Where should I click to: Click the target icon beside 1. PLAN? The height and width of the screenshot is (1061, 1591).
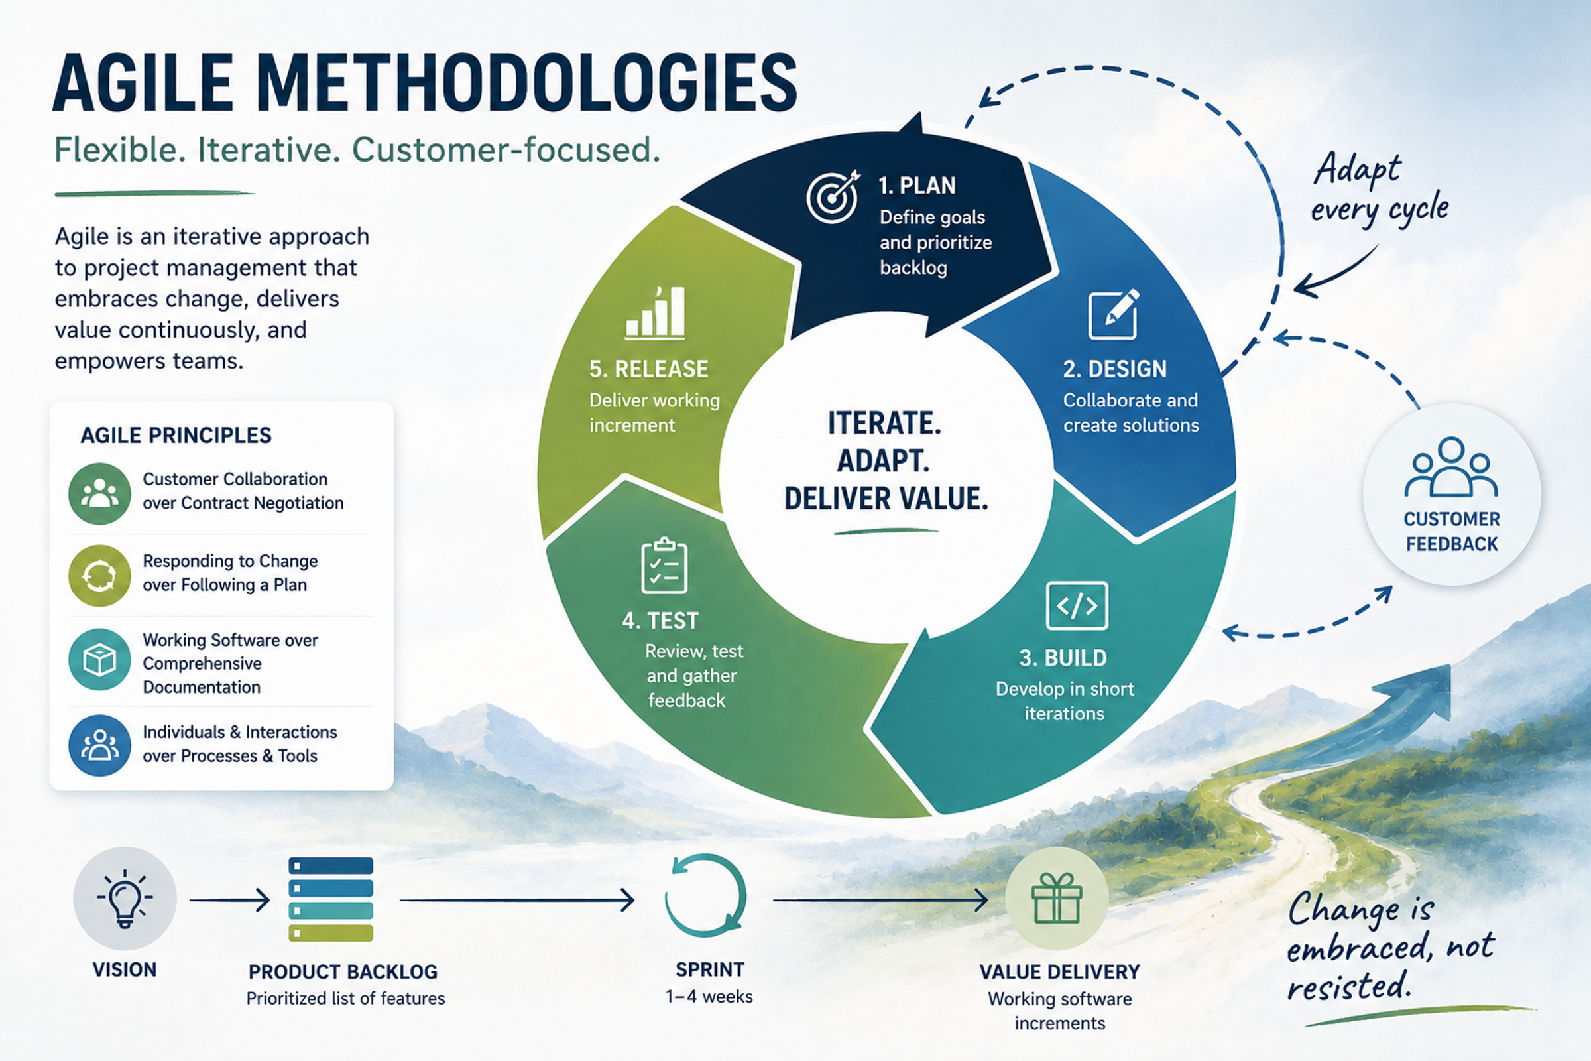833,196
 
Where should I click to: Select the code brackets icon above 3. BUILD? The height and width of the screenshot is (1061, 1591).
1077,605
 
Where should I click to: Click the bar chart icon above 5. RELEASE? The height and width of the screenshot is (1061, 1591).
655,312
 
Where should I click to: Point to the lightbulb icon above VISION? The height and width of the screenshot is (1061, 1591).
125,898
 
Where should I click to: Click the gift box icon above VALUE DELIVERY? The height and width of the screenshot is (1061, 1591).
1057,898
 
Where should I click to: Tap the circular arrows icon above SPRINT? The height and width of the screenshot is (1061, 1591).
705,895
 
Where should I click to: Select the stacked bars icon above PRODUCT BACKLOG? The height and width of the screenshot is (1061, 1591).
331,899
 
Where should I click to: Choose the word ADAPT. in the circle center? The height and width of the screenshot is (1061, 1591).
884,461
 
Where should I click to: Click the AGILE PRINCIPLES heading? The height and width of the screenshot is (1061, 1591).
176,435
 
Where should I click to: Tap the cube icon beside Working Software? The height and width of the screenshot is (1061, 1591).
99,660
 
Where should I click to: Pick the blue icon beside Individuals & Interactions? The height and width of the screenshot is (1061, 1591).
99,745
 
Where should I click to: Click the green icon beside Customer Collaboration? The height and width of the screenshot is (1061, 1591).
99,493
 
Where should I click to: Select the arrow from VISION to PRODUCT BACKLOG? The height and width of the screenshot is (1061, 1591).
229,900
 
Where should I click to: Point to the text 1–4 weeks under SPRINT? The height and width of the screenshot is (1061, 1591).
709,997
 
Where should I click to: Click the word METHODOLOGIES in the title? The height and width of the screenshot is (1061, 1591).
527,84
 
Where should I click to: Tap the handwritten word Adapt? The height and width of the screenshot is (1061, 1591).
1357,169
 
